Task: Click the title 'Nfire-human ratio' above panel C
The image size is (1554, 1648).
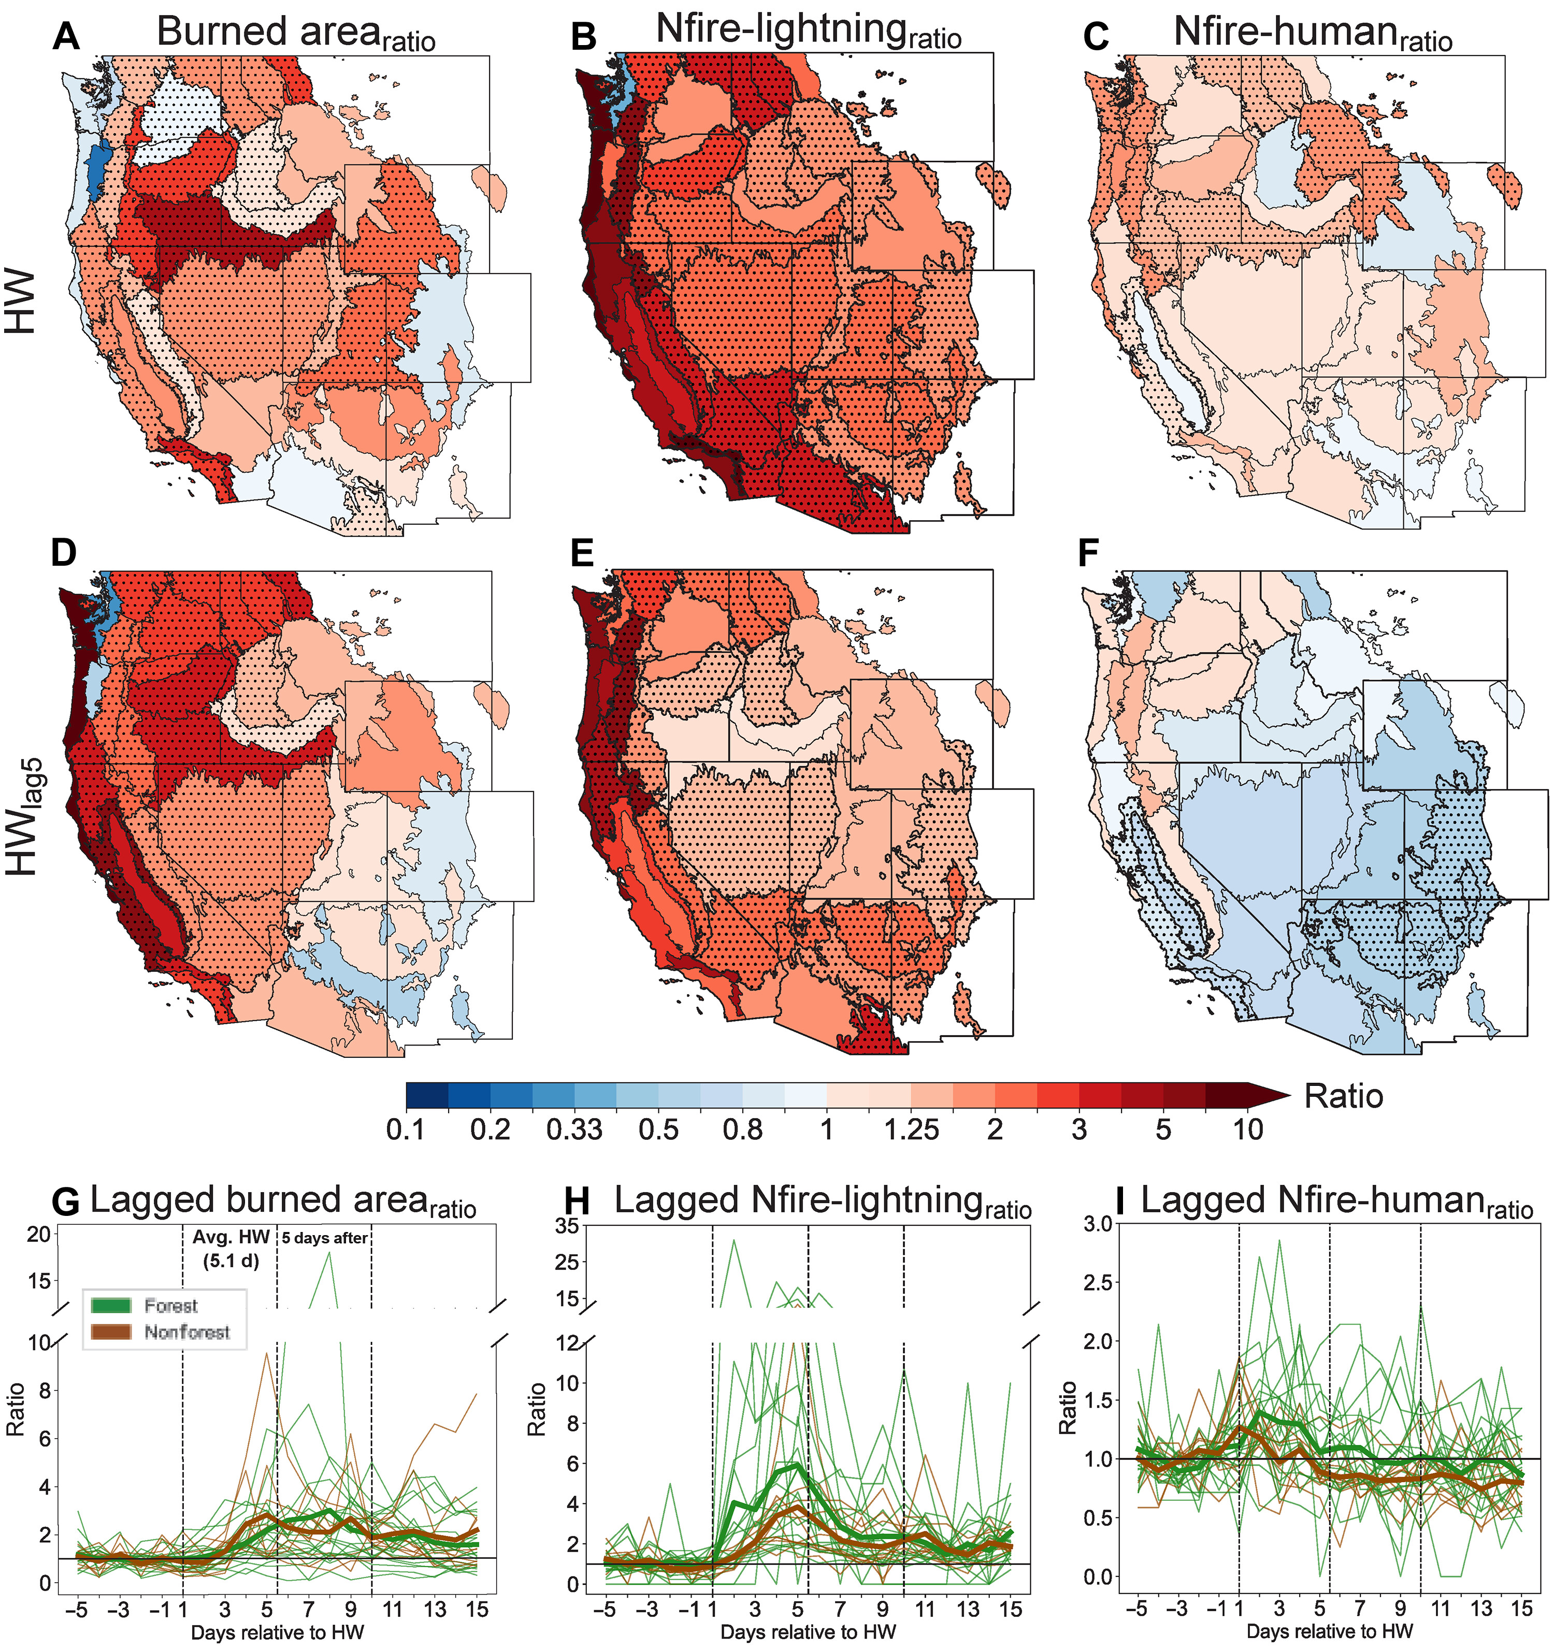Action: point(1313,35)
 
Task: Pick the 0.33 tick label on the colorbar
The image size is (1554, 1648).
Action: point(574,1129)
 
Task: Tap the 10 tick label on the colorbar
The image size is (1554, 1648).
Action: point(1248,1129)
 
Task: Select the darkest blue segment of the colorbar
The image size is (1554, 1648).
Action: point(427,1095)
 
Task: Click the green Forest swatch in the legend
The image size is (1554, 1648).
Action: point(111,1306)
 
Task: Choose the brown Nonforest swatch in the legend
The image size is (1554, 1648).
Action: point(111,1332)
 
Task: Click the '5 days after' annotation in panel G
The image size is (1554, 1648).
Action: point(325,1238)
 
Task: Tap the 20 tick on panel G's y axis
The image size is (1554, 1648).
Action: point(39,1235)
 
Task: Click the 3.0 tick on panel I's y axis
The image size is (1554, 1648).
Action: point(1097,1224)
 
